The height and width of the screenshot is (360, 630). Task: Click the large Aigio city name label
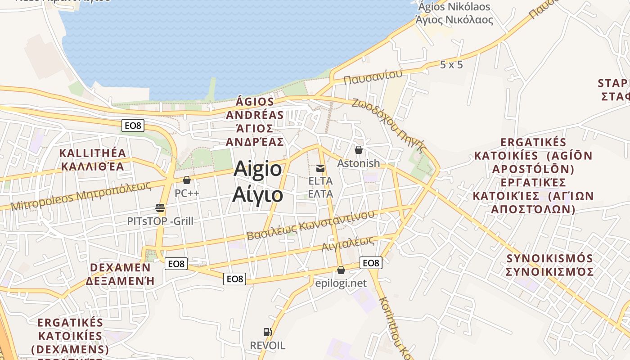coord(258,182)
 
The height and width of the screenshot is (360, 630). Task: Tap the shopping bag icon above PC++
coord(187,180)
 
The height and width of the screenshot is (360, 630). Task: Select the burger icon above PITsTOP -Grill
coord(160,208)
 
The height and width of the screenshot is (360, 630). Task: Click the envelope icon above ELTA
coord(320,168)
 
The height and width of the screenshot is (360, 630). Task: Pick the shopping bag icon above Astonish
coord(359,150)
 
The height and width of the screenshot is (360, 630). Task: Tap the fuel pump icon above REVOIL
coord(267,332)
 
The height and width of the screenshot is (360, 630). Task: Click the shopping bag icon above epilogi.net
coord(341,270)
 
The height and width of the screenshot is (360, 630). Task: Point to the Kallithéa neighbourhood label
coord(93,159)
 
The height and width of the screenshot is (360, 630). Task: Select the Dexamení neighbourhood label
coord(120,274)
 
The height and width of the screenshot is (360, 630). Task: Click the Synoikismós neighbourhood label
coord(550,265)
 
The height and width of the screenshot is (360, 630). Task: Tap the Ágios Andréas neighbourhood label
coord(255,121)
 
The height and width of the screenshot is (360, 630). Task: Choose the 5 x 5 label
coord(451,65)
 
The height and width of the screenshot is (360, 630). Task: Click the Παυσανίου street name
coord(373,77)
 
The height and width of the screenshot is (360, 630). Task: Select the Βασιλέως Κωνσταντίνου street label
coord(310,225)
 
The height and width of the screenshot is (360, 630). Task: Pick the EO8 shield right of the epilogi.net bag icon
coord(371,263)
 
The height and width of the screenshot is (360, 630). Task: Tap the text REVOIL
coord(267,346)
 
